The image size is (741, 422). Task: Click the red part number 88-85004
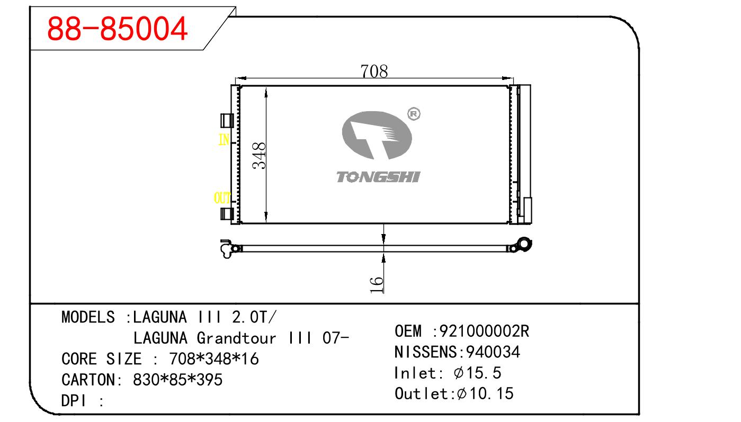pyautogui.click(x=117, y=29)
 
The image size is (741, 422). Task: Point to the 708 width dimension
pyautogui.click(x=374, y=71)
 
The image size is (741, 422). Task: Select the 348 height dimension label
pyautogui.click(x=259, y=156)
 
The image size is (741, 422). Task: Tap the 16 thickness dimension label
pyautogui.click(x=376, y=285)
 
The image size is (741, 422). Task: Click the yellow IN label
pyautogui.click(x=224, y=140)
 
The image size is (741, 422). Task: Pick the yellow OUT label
pyautogui.click(x=222, y=198)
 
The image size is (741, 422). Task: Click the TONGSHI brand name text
pyautogui.click(x=378, y=177)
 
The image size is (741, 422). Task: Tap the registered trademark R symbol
pyautogui.click(x=414, y=114)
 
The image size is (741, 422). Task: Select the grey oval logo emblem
pyautogui.click(x=377, y=135)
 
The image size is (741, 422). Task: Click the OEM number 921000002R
pyautogui.click(x=484, y=331)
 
